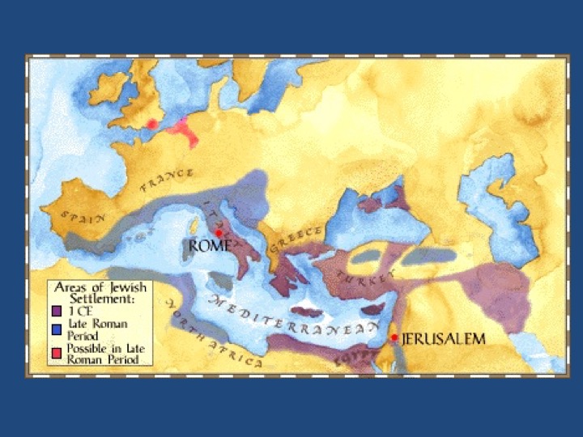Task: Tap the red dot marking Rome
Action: (x=219, y=233)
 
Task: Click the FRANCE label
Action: (x=167, y=180)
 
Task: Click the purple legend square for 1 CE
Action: (x=57, y=309)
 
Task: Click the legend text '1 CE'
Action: (x=77, y=309)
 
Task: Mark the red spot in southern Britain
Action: (x=151, y=124)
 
